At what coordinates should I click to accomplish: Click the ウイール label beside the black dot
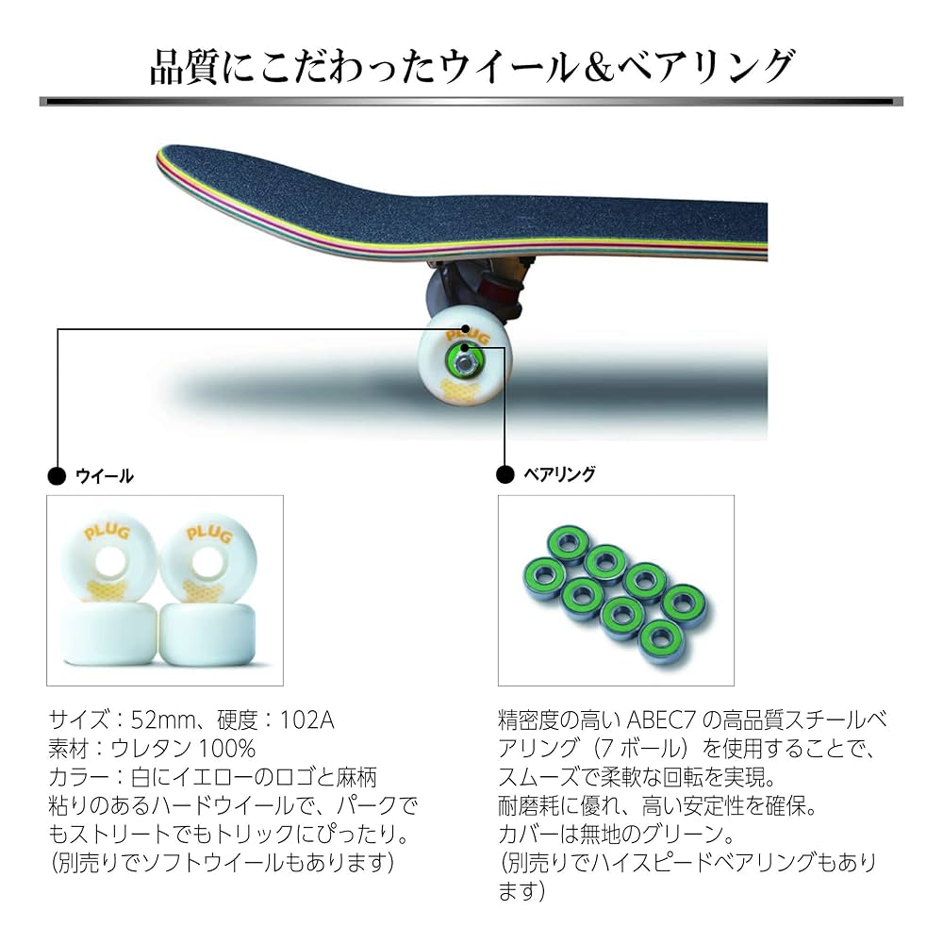(104, 476)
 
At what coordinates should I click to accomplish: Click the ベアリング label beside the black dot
(559, 474)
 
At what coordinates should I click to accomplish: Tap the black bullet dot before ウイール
(58, 476)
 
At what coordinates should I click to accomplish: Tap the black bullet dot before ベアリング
(506, 474)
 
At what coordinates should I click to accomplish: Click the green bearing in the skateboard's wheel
(466, 356)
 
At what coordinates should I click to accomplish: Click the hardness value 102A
(307, 721)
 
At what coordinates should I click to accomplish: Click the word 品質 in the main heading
(186, 67)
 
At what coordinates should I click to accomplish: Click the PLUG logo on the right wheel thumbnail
(203, 535)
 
